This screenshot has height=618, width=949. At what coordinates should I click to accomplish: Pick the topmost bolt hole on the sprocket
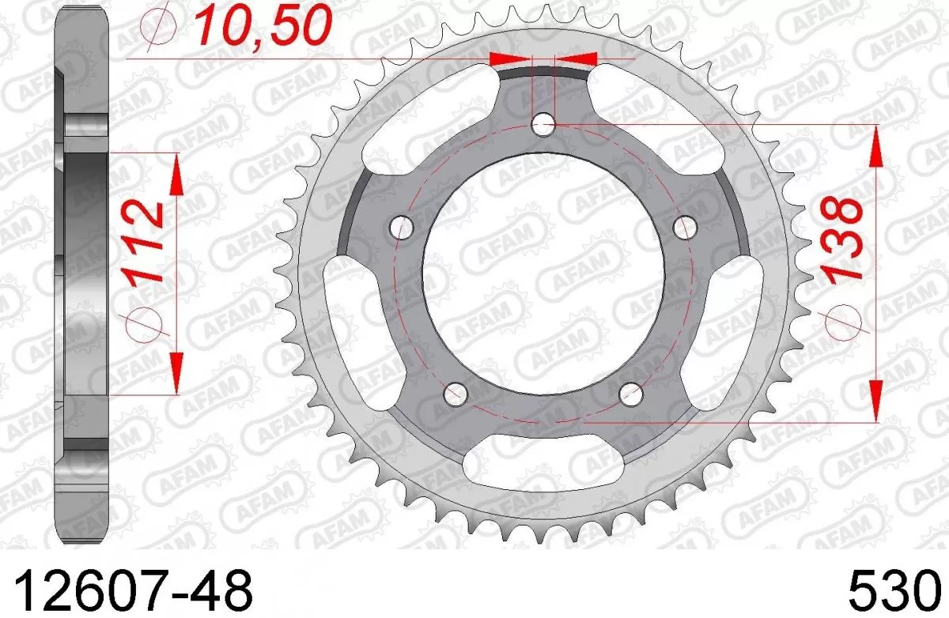pos(543,122)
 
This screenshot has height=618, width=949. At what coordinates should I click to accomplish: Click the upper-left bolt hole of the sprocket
pos(403,228)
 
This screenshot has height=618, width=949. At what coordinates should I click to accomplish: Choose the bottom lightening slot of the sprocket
pos(543,473)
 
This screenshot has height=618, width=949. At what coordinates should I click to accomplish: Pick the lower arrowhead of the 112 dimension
pos(176,371)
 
